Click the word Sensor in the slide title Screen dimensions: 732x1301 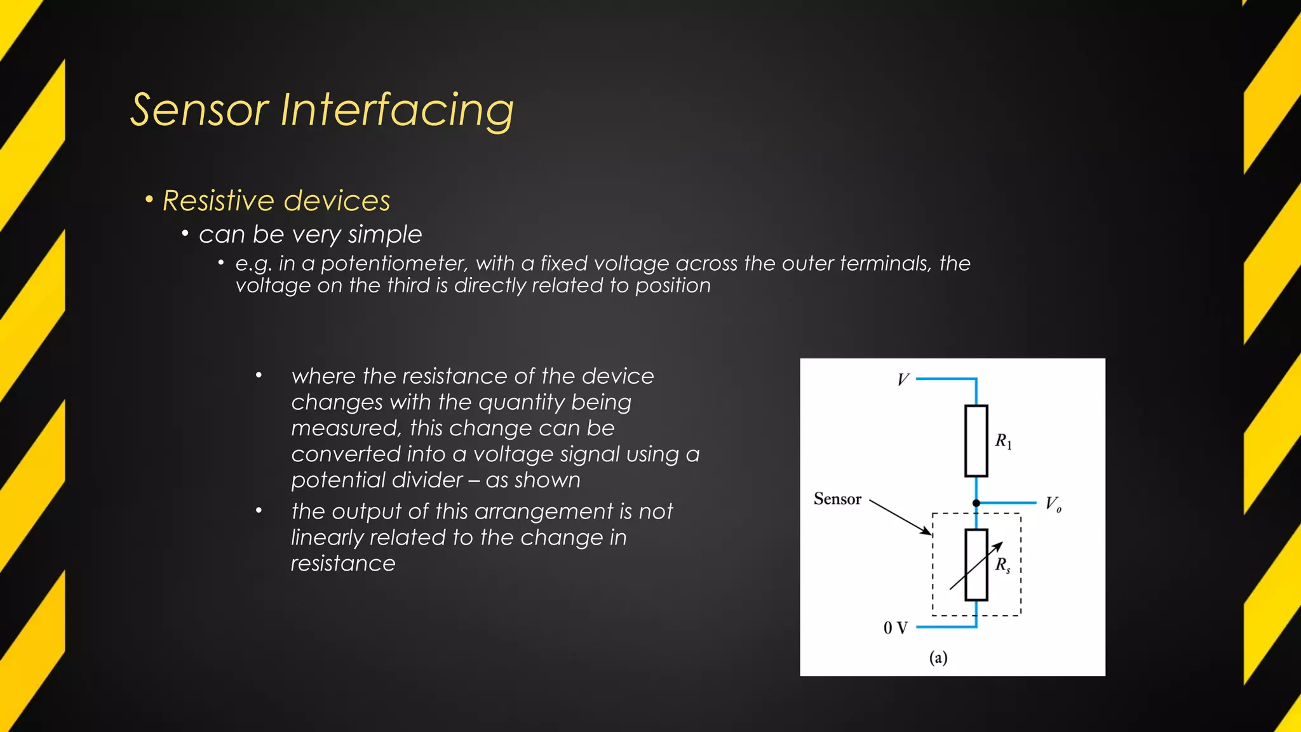click(x=199, y=110)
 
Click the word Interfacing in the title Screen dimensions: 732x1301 click(x=396, y=110)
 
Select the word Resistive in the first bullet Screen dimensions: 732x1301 click(x=218, y=201)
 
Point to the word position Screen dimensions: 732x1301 click(x=673, y=286)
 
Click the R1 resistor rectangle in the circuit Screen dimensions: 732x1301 click(x=976, y=441)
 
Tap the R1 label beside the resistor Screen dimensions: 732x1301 click(x=1003, y=441)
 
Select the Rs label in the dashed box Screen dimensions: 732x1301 click(x=1002, y=565)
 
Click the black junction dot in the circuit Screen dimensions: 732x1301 click(x=976, y=503)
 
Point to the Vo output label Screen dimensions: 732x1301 click(x=1053, y=505)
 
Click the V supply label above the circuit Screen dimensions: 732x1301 click(x=903, y=380)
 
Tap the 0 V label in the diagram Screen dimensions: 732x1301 click(x=895, y=628)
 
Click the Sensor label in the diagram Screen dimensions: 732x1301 click(x=837, y=499)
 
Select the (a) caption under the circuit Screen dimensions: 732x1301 click(x=938, y=658)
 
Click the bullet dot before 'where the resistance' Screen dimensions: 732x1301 click(x=259, y=376)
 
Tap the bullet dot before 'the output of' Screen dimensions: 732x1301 click(x=259, y=510)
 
